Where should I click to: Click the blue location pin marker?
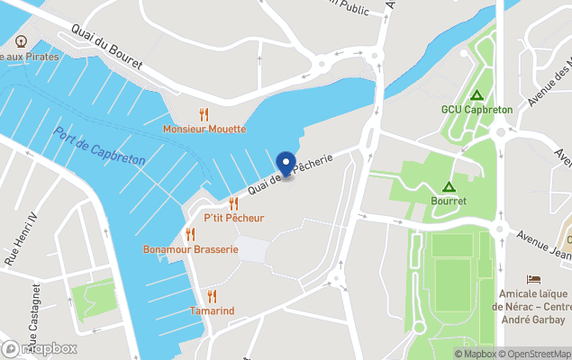tap(286, 165)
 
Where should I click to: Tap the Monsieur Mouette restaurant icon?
tap(204, 114)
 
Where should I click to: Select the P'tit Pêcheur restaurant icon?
tap(233, 203)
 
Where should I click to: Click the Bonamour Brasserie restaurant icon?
tap(190, 234)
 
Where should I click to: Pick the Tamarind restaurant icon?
tap(212, 295)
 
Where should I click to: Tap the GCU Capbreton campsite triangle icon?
tap(477, 94)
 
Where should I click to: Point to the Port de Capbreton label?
tap(99, 146)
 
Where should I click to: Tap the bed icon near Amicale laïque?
tap(533, 279)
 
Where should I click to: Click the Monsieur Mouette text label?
tap(204, 130)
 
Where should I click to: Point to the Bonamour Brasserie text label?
tap(191, 249)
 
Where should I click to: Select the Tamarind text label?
tap(212, 310)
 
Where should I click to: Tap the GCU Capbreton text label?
tap(477, 110)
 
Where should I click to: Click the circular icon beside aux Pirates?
tap(21, 40)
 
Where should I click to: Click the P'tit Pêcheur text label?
tap(234, 219)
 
